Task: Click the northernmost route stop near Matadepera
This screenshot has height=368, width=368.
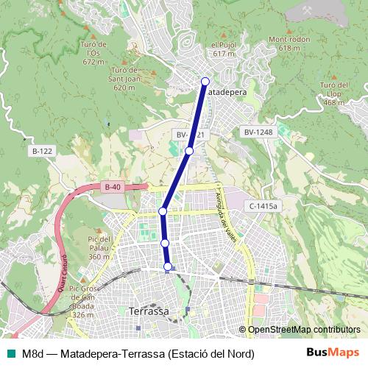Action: click(205, 82)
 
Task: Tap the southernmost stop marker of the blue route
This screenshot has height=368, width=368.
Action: click(169, 266)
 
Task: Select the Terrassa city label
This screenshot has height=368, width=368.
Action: click(148, 311)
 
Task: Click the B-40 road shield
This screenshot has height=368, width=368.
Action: click(112, 188)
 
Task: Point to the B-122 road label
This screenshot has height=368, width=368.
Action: click(42, 151)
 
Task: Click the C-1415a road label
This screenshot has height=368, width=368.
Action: click(262, 207)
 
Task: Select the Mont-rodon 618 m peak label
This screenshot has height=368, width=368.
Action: click(285, 43)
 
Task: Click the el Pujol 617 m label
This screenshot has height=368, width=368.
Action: click(223, 49)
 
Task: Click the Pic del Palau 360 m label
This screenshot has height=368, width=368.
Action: click(99, 247)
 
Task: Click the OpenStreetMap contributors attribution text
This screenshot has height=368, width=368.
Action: click(300, 330)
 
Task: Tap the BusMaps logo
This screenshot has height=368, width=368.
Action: click(333, 353)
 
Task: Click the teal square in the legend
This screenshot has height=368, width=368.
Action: click(10, 354)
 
